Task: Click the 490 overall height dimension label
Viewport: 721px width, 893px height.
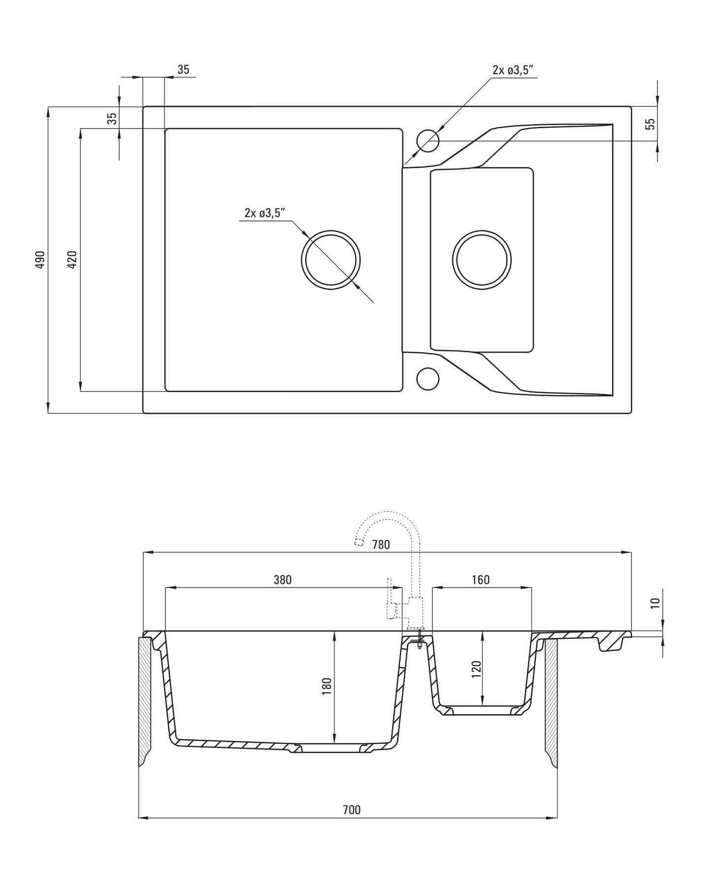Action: coord(40,260)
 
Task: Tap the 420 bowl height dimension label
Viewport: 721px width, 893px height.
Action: coord(72,260)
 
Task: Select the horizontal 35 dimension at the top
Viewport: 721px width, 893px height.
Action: coord(183,70)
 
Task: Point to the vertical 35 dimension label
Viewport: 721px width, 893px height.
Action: coord(113,118)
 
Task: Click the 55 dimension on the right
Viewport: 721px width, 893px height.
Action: coord(651,124)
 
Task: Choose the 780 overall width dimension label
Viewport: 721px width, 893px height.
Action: coord(381,544)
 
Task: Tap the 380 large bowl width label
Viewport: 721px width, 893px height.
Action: coord(283,580)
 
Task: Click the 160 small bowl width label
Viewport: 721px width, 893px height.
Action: coord(481,580)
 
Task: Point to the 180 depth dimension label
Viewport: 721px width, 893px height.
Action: coord(327,687)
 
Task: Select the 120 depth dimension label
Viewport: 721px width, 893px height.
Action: coord(476,669)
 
